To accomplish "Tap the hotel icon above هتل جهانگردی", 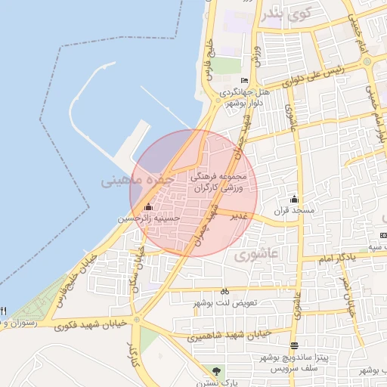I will point(244,81).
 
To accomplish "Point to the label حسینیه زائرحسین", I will point(149,218).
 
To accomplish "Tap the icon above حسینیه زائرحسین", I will point(148,207).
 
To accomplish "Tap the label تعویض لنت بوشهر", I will point(224,302).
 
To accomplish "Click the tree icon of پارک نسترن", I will point(218,371).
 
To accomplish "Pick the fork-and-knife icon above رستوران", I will point(4,311).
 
